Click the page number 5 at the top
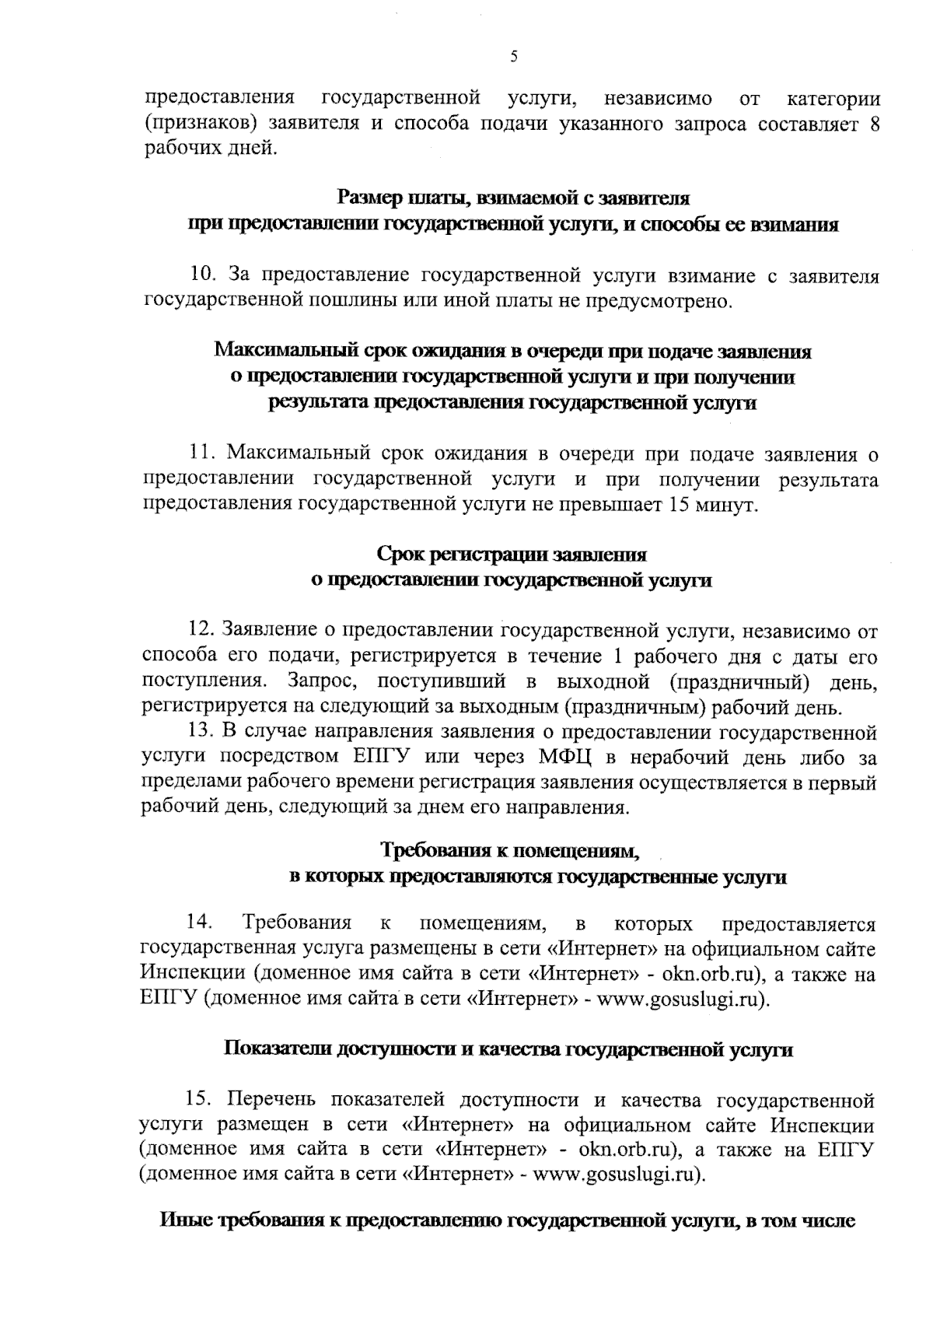[x=513, y=56]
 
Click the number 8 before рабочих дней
[x=873, y=124]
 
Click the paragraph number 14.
[x=200, y=923]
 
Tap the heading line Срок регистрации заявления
[x=512, y=555]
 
